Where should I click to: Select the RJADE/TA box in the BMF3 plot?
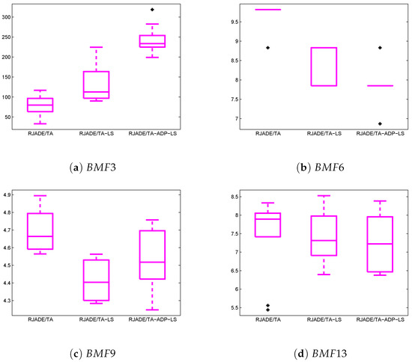pyautogui.click(x=61, y=105)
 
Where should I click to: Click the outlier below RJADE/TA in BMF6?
pyautogui.click(x=268, y=48)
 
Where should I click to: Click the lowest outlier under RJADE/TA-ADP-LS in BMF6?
pyautogui.click(x=380, y=124)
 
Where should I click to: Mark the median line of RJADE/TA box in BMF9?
pyautogui.click(x=61, y=236)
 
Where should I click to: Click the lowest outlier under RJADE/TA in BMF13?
pyautogui.click(x=268, y=310)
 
